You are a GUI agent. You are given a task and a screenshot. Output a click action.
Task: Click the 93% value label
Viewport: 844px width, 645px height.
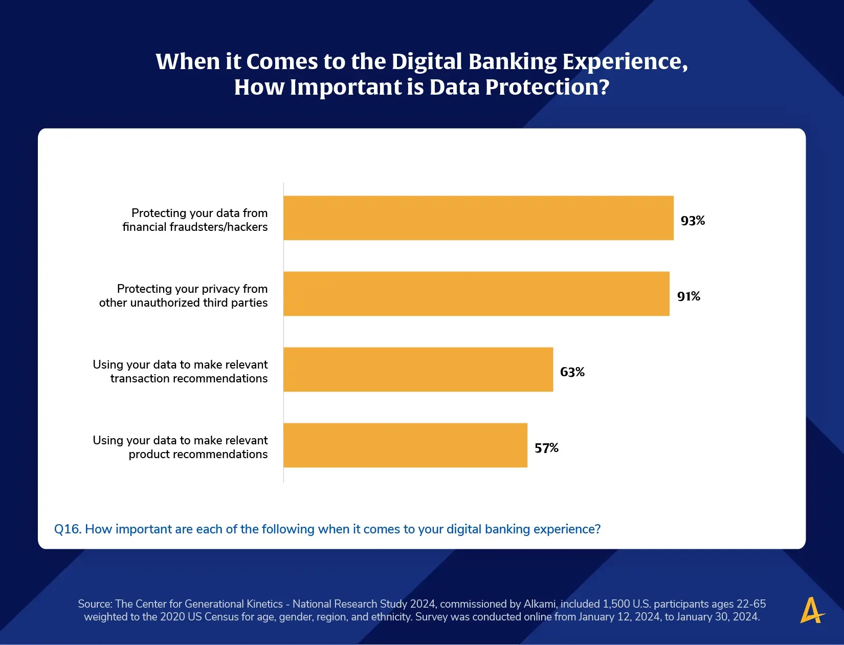pyautogui.click(x=693, y=221)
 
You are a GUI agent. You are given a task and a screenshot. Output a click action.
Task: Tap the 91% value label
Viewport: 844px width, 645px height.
pyautogui.click(x=688, y=296)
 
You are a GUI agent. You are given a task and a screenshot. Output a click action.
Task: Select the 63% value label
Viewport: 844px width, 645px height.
pyautogui.click(x=572, y=372)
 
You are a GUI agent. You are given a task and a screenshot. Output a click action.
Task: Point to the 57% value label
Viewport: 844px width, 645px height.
pyautogui.click(x=546, y=448)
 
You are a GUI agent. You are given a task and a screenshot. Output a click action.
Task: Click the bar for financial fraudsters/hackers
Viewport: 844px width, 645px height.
pyautogui.click(x=478, y=218)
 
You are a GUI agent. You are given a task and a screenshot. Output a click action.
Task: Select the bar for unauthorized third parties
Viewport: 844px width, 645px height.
pyautogui.click(x=476, y=294)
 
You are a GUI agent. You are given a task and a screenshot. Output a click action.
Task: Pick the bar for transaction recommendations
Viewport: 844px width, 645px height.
pyautogui.click(x=418, y=370)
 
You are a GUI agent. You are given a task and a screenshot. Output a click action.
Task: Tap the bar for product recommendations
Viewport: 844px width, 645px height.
pyautogui.click(x=405, y=445)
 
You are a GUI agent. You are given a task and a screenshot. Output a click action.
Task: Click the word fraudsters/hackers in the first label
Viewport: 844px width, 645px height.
pyautogui.click(x=218, y=227)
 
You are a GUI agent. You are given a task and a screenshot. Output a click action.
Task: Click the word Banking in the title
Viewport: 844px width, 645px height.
pyautogui.click(x=512, y=61)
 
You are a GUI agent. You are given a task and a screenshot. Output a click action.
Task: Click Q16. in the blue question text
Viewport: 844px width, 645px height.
pyautogui.click(x=68, y=529)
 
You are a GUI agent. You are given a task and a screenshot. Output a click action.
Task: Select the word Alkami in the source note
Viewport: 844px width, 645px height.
pyautogui.click(x=540, y=604)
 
